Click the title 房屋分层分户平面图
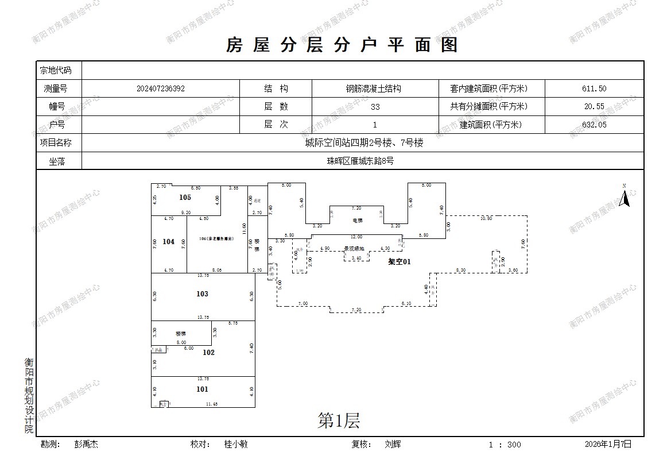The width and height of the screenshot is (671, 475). pyautogui.click(x=342, y=45)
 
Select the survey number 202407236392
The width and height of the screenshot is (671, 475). pyautogui.click(x=161, y=89)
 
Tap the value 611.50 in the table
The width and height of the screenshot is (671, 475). pyautogui.click(x=594, y=89)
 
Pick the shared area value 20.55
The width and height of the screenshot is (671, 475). pyautogui.click(x=594, y=107)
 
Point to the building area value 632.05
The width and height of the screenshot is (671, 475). pyautogui.click(x=594, y=125)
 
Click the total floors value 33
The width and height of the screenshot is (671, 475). pyautogui.click(x=375, y=107)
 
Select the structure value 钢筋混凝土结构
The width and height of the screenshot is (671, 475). pyautogui.click(x=373, y=89)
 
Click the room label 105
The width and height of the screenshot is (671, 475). pyautogui.click(x=185, y=198)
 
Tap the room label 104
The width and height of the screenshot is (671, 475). pyautogui.click(x=168, y=242)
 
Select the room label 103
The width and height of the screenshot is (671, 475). pyautogui.click(x=202, y=294)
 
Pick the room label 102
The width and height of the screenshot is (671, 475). pyautogui.click(x=208, y=353)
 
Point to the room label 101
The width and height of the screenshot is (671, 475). pyautogui.click(x=202, y=389)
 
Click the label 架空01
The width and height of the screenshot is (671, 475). pyautogui.click(x=400, y=261)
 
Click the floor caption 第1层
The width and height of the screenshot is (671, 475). pyautogui.click(x=339, y=422)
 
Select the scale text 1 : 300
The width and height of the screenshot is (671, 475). pyautogui.click(x=505, y=445)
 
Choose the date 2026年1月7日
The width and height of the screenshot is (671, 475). pyautogui.click(x=608, y=444)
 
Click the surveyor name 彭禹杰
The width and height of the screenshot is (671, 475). pyautogui.click(x=86, y=444)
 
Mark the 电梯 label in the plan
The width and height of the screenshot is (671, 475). pyautogui.click(x=357, y=221)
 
